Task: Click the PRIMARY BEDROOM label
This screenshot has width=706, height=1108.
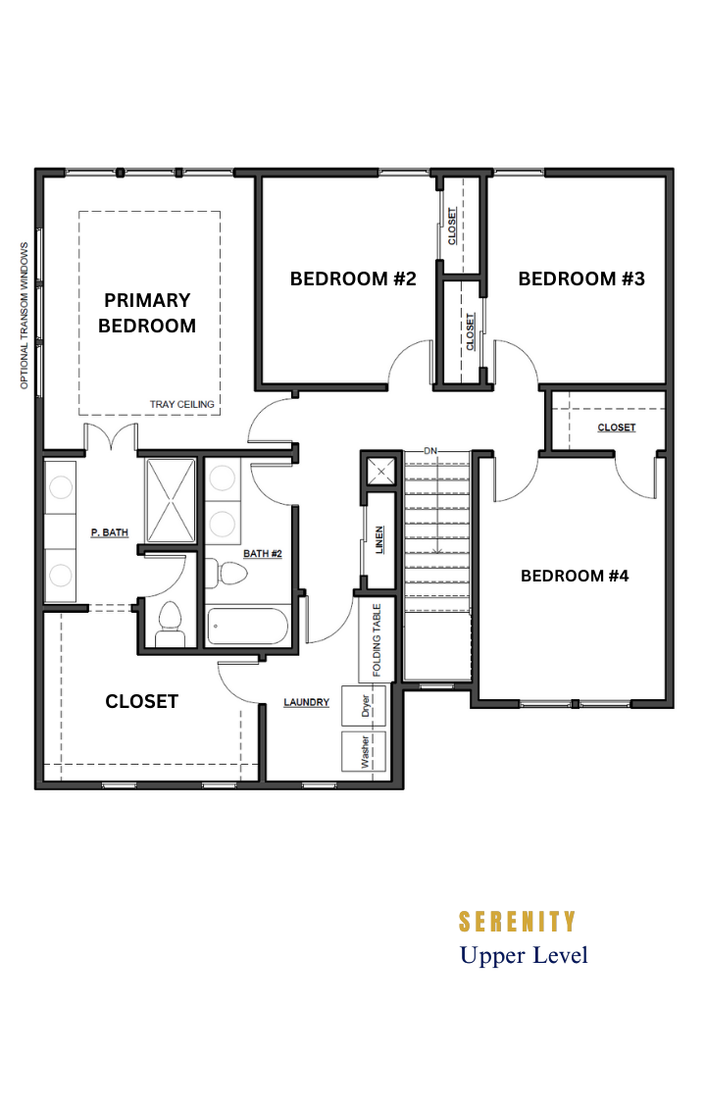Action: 147,313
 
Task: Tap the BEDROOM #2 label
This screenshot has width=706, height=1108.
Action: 353,278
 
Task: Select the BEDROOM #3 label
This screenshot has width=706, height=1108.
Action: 581,278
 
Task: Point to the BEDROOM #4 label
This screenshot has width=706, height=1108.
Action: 575,576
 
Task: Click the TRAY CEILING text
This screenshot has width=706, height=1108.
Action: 181,404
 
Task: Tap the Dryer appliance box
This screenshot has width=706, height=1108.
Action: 364,705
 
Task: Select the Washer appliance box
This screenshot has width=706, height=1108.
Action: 364,751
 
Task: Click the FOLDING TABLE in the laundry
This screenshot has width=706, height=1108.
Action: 376,639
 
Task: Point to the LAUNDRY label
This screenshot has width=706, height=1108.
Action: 307,702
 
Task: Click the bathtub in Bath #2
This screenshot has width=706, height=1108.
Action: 247,627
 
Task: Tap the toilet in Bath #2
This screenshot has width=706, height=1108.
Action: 226,573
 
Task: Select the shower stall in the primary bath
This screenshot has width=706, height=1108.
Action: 170,500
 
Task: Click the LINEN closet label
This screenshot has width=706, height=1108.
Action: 379,540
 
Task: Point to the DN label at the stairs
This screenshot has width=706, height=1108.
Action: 430,451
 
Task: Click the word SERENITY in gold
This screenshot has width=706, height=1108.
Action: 518,922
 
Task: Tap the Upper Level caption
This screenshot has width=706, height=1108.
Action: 524,955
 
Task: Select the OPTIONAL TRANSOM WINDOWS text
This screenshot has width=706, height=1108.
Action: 25,316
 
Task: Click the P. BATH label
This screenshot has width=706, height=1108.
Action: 110,532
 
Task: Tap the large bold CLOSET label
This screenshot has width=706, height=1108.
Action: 141,701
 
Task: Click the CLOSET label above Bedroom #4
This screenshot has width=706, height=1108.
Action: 616,428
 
